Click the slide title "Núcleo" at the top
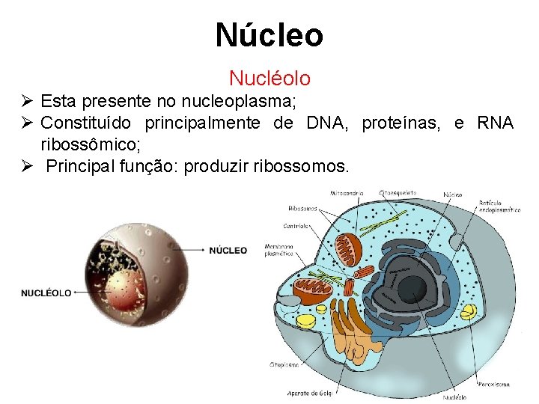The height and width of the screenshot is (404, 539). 269,35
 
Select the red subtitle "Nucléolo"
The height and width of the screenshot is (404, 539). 269,78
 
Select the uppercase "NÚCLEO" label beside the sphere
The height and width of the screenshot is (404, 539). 228,250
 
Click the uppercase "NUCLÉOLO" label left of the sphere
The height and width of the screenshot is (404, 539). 46,293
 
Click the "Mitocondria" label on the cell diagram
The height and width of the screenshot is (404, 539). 345,193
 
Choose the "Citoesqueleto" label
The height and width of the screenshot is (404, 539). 398,193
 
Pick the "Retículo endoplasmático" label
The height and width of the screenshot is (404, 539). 500,206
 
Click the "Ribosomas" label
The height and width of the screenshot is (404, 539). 302,208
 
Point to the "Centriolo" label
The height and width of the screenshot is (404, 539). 298,225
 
